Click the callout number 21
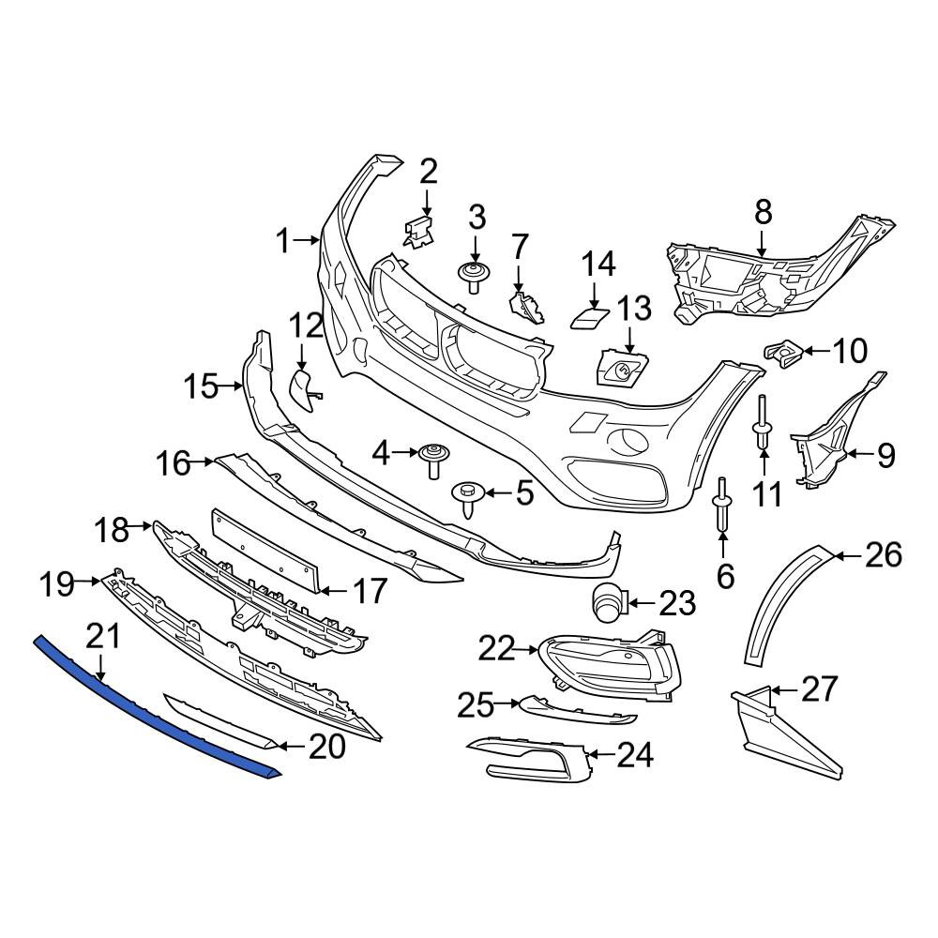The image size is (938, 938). [103, 637]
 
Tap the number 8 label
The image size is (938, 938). [764, 212]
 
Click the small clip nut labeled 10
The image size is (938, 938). [782, 355]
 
